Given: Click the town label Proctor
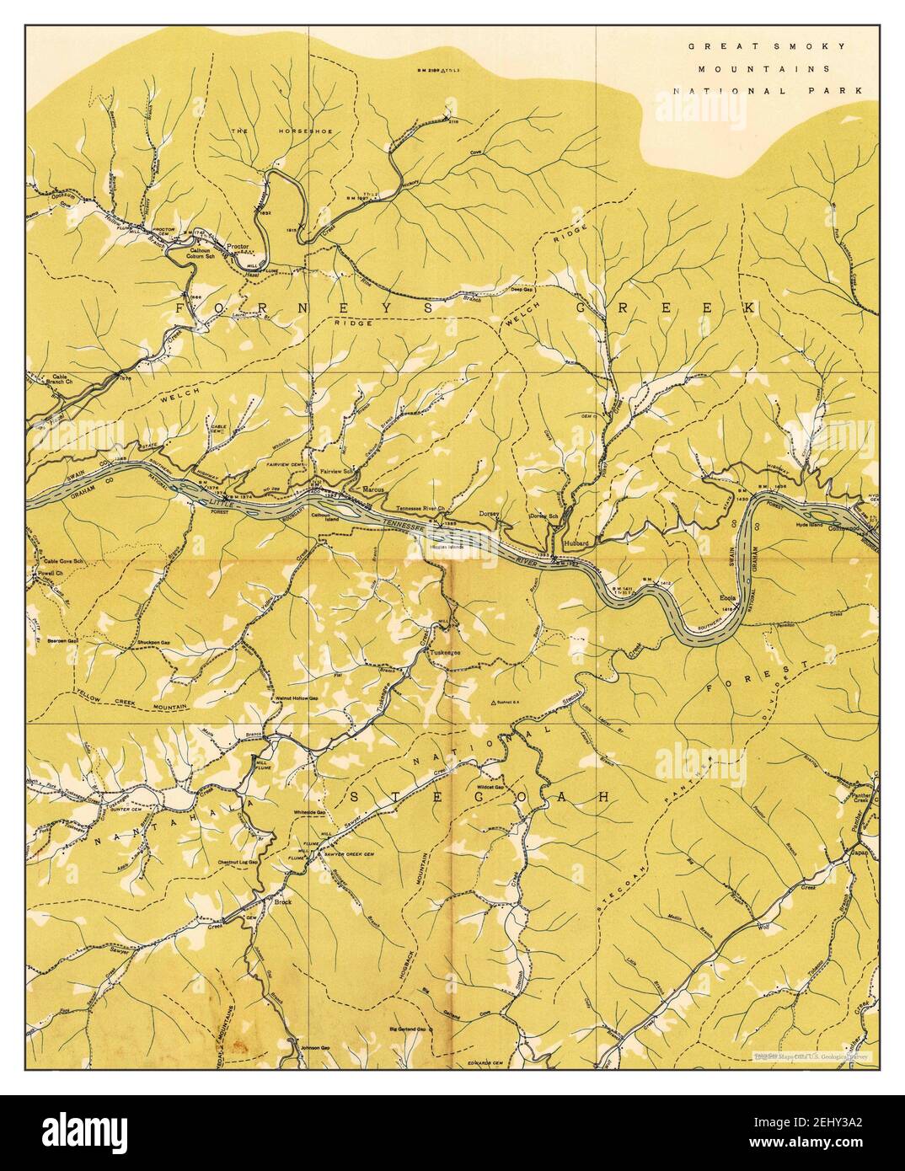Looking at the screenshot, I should pos(240,249).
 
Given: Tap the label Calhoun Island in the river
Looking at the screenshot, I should pos(321,518).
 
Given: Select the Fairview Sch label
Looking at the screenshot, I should pos(335,472).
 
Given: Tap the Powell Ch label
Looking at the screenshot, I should pos(51,573).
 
